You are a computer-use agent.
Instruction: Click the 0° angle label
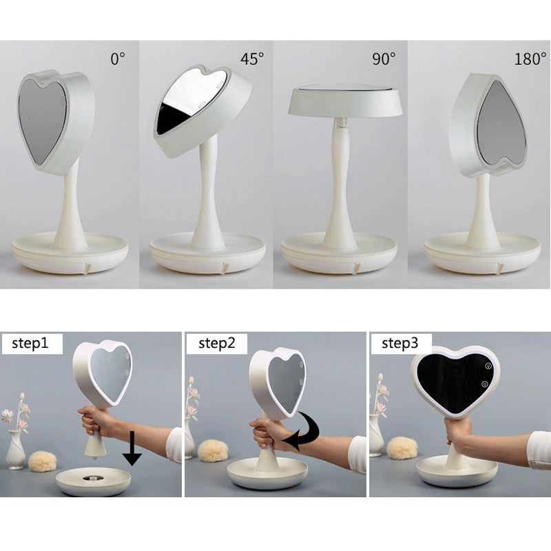coord(118,59)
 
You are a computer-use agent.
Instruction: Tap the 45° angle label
coord(252,59)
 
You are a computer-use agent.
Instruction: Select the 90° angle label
coord(384,59)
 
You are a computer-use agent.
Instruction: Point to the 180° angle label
coord(530,59)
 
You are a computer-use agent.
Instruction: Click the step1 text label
coord(30,343)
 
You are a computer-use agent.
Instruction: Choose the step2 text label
coord(216,343)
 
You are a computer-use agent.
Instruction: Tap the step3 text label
coord(400,343)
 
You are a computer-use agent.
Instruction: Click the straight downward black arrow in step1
coord(132,449)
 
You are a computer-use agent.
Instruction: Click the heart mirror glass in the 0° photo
coord(41,120)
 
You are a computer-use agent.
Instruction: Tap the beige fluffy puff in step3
coord(402,448)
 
